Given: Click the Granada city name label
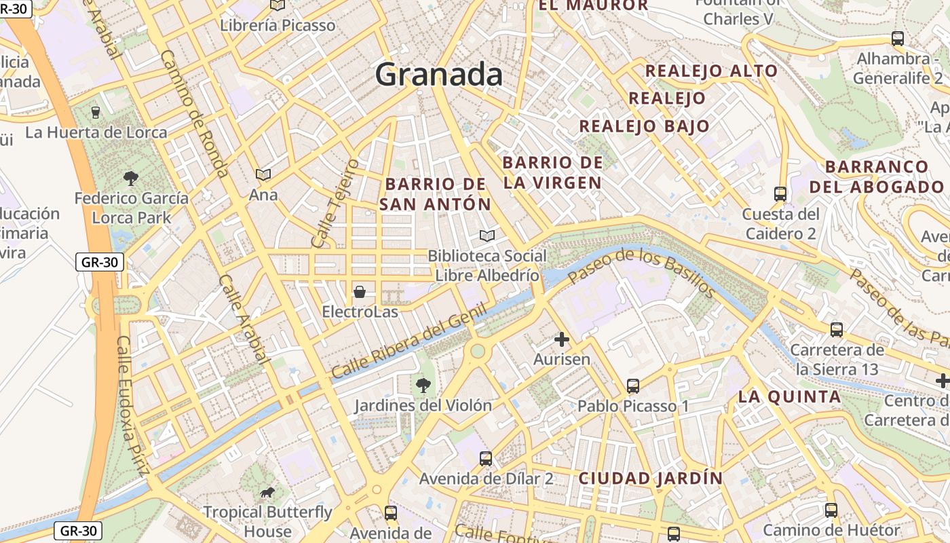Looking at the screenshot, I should pyautogui.click(x=439, y=74).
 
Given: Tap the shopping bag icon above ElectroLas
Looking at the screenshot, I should pyautogui.click(x=360, y=292).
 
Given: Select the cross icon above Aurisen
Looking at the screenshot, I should pyautogui.click(x=562, y=339).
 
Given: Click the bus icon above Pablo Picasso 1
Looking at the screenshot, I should pyautogui.click(x=633, y=386).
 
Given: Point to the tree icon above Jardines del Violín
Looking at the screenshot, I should pyautogui.click(x=423, y=386).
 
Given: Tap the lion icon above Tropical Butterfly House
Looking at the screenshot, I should pyautogui.click(x=267, y=492).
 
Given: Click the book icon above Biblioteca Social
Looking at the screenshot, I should pyautogui.click(x=487, y=236).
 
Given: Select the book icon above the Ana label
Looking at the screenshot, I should pyautogui.click(x=263, y=175).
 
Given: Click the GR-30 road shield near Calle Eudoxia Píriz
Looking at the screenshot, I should pyautogui.click(x=99, y=262).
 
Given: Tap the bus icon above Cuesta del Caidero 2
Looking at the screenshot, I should pyautogui.click(x=780, y=194).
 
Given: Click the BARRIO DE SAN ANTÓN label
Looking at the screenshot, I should pyautogui.click(x=435, y=194).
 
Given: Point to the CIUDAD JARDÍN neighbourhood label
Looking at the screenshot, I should pyautogui.click(x=651, y=478).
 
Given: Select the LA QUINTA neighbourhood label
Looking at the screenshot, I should pyautogui.click(x=789, y=397).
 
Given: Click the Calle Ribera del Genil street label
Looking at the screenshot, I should pyautogui.click(x=409, y=342).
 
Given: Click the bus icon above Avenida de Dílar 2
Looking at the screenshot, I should pyautogui.click(x=486, y=458).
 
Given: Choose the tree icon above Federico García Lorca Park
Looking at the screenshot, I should pyautogui.click(x=131, y=179).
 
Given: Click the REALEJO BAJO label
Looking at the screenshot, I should pyautogui.click(x=644, y=126).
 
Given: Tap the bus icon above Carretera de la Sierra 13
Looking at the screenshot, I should pyautogui.click(x=837, y=330).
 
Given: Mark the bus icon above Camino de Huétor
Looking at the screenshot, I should pyautogui.click(x=831, y=510).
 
